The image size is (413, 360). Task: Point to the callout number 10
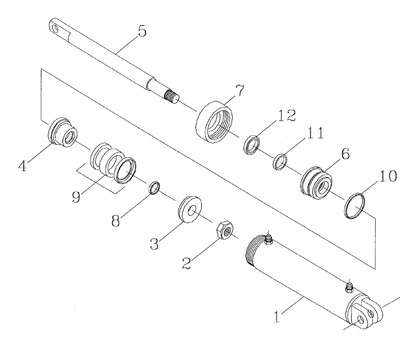(388, 177)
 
